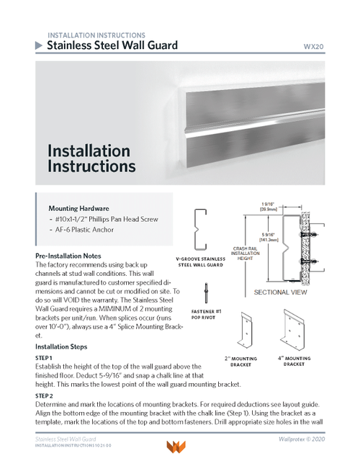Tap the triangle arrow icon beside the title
pos(39,45)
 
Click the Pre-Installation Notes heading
pos(73,256)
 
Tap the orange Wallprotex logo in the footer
pos(176,447)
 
